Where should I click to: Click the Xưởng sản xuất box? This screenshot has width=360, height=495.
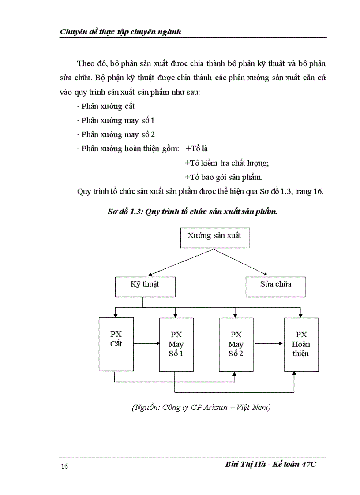pyautogui.click(x=214, y=238)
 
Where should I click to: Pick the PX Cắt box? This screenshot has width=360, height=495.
pyautogui.click(x=116, y=343)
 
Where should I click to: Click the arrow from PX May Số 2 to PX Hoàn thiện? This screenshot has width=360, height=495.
pyautogui.click(x=269, y=343)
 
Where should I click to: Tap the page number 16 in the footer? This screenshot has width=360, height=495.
pyautogui.click(x=64, y=467)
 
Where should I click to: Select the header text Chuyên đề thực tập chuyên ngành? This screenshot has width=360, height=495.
pyautogui.click(x=120, y=32)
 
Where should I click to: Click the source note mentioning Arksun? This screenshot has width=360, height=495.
pyautogui.click(x=201, y=408)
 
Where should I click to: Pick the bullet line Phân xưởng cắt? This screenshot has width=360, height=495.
pyautogui.click(x=105, y=106)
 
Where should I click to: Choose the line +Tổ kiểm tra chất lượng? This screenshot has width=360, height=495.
pyautogui.click(x=226, y=163)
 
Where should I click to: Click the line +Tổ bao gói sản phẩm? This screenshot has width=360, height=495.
pyautogui.click(x=223, y=177)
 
